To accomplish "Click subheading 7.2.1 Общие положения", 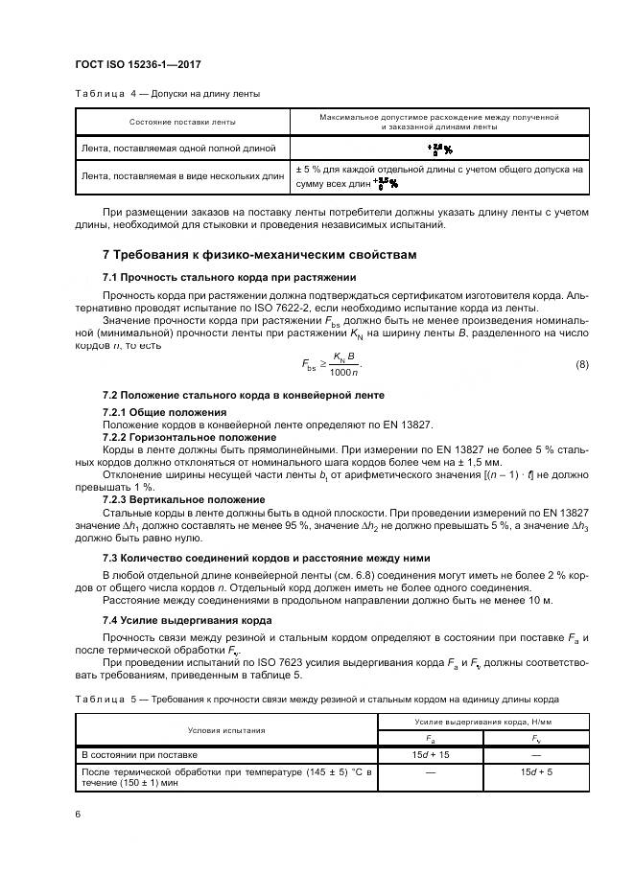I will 158,411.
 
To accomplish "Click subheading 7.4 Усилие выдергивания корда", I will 186,620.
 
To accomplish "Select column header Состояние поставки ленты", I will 182,122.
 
